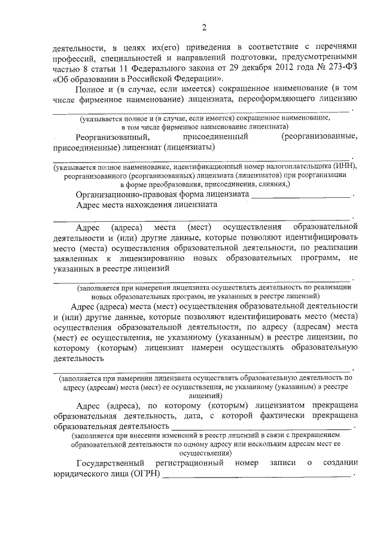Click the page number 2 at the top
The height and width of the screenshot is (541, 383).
tap(203, 27)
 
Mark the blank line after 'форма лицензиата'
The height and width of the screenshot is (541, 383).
tap(300, 195)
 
